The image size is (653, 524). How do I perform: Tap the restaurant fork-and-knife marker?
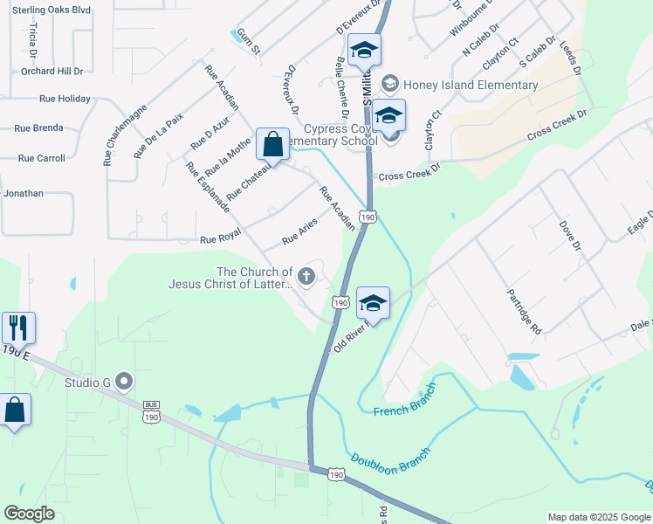point(18,328)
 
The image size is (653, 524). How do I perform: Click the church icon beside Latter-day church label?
point(306,277)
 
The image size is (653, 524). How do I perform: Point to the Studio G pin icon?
point(124,381)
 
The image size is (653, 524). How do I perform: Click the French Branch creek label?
point(402,410)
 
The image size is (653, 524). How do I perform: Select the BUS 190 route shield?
point(152,412)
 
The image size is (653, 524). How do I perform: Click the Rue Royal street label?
point(220,239)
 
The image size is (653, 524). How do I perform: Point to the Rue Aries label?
point(299,231)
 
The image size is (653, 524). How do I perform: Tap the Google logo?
point(30,514)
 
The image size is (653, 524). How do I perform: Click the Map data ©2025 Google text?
point(599,517)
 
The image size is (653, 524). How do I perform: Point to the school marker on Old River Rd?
point(373,303)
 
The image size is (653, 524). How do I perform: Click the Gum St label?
point(249,45)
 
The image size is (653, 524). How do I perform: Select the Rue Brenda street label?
point(38,128)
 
